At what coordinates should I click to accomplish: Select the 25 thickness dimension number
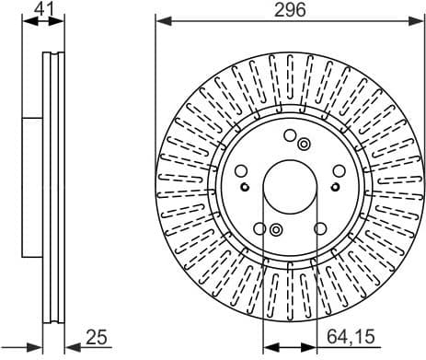point(97,336)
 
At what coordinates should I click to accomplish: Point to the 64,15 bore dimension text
point(354,336)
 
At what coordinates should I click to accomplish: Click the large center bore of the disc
point(290,191)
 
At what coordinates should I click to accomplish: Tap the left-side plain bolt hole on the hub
point(241,171)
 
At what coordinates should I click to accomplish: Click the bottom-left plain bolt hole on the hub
point(260,228)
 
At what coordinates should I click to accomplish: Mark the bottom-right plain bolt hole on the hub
point(319,228)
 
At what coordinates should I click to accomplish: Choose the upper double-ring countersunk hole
point(305,143)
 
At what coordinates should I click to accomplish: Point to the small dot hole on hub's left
point(245,184)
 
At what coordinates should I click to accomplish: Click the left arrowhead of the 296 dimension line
point(160,20)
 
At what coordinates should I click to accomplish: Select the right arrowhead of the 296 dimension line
point(419,20)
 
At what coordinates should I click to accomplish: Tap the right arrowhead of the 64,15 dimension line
point(322,347)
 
